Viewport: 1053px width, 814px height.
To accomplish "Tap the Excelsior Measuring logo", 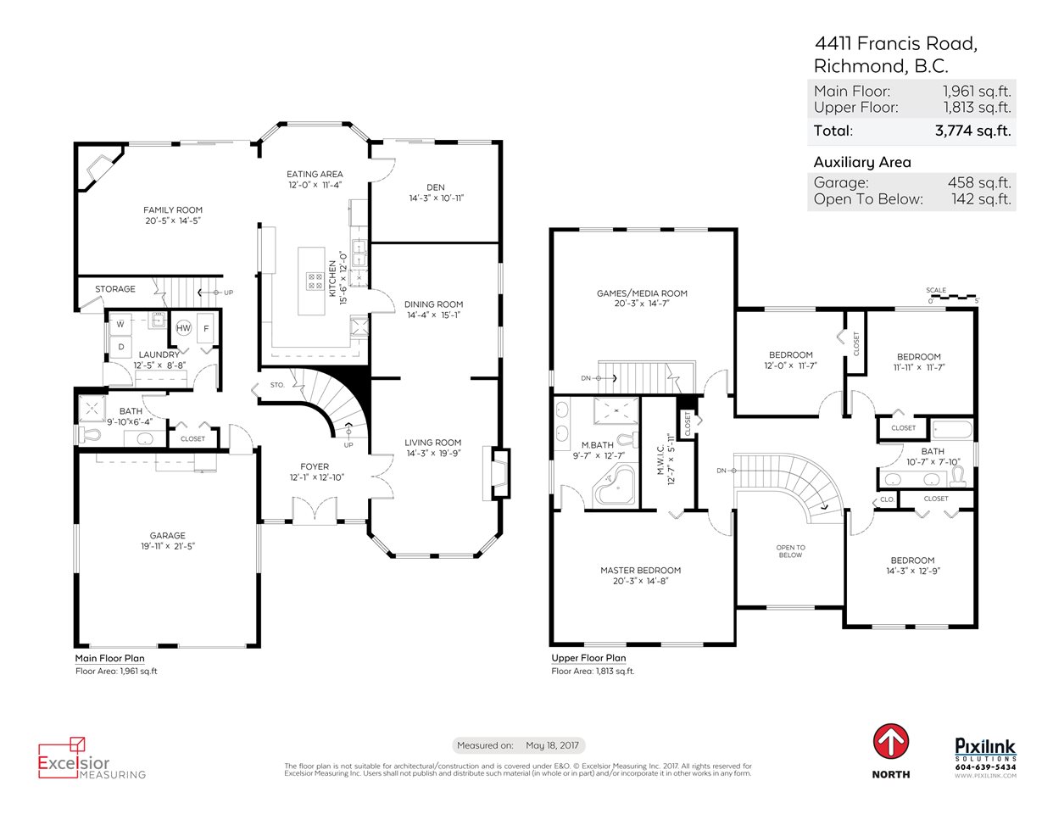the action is (x=92, y=758).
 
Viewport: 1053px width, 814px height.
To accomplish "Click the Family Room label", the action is (x=172, y=209).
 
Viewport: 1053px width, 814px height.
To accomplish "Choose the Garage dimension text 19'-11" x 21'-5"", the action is (x=168, y=546).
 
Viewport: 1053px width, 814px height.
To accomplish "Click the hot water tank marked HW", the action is (x=183, y=328).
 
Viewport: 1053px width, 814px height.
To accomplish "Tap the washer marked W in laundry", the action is (x=120, y=325).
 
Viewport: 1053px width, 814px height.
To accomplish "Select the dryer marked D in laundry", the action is (x=121, y=347).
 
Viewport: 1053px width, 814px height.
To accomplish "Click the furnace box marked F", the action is (x=206, y=328).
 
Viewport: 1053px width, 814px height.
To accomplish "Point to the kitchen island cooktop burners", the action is (x=315, y=281).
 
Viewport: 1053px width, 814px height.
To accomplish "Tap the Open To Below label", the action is (x=790, y=551).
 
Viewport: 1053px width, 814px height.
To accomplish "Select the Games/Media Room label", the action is (x=642, y=293).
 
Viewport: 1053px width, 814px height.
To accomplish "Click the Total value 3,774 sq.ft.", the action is (x=973, y=131).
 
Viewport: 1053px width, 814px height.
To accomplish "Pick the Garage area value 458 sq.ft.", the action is (x=979, y=182).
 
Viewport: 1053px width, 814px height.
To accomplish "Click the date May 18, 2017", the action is (x=553, y=745).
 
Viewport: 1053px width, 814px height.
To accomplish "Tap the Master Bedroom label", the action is (x=641, y=571).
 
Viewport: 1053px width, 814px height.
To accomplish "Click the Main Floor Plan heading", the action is (x=110, y=658).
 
